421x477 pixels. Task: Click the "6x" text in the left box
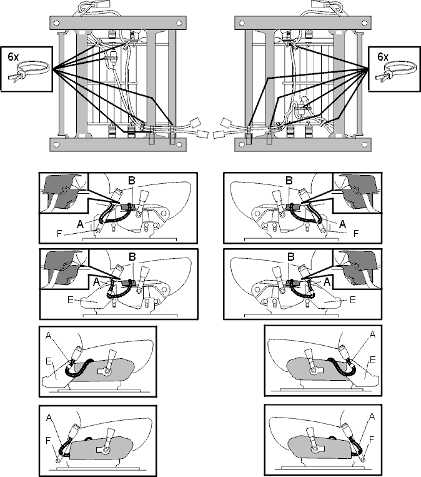[x=13, y=57]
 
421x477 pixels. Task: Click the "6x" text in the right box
[x=383, y=57]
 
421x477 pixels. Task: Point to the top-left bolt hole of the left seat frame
[x=56, y=23]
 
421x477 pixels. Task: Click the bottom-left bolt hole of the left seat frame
[x=56, y=144]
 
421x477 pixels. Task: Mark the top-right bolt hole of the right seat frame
[x=364, y=23]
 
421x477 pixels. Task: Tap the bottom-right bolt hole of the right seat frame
[x=364, y=144]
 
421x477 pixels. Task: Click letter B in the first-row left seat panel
[x=131, y=181]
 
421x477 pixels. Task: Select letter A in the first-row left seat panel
[x=80, y=224]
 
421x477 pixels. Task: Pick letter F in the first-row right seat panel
[x=356, y=233]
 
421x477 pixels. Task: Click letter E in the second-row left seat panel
[x=70, y=300]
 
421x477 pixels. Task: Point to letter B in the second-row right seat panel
[x=290, y=257]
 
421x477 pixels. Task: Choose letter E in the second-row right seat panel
[x=353, y=300]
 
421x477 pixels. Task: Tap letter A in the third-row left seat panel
[x=49, y=335]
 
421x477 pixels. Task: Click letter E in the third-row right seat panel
[x=373, y=360]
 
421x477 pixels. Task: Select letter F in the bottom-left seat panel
[x=47, y=440]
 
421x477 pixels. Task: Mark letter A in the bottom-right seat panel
[x=372, y=416]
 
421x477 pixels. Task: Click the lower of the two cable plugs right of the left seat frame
[x=203, y=134]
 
